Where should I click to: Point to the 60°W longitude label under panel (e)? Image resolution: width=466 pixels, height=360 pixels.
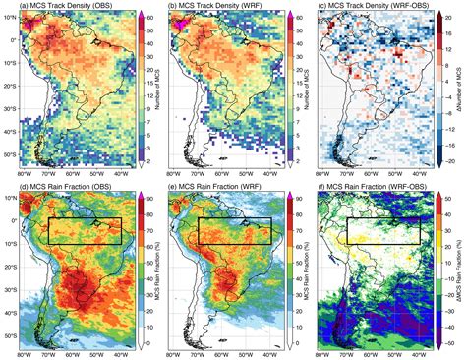228,352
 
